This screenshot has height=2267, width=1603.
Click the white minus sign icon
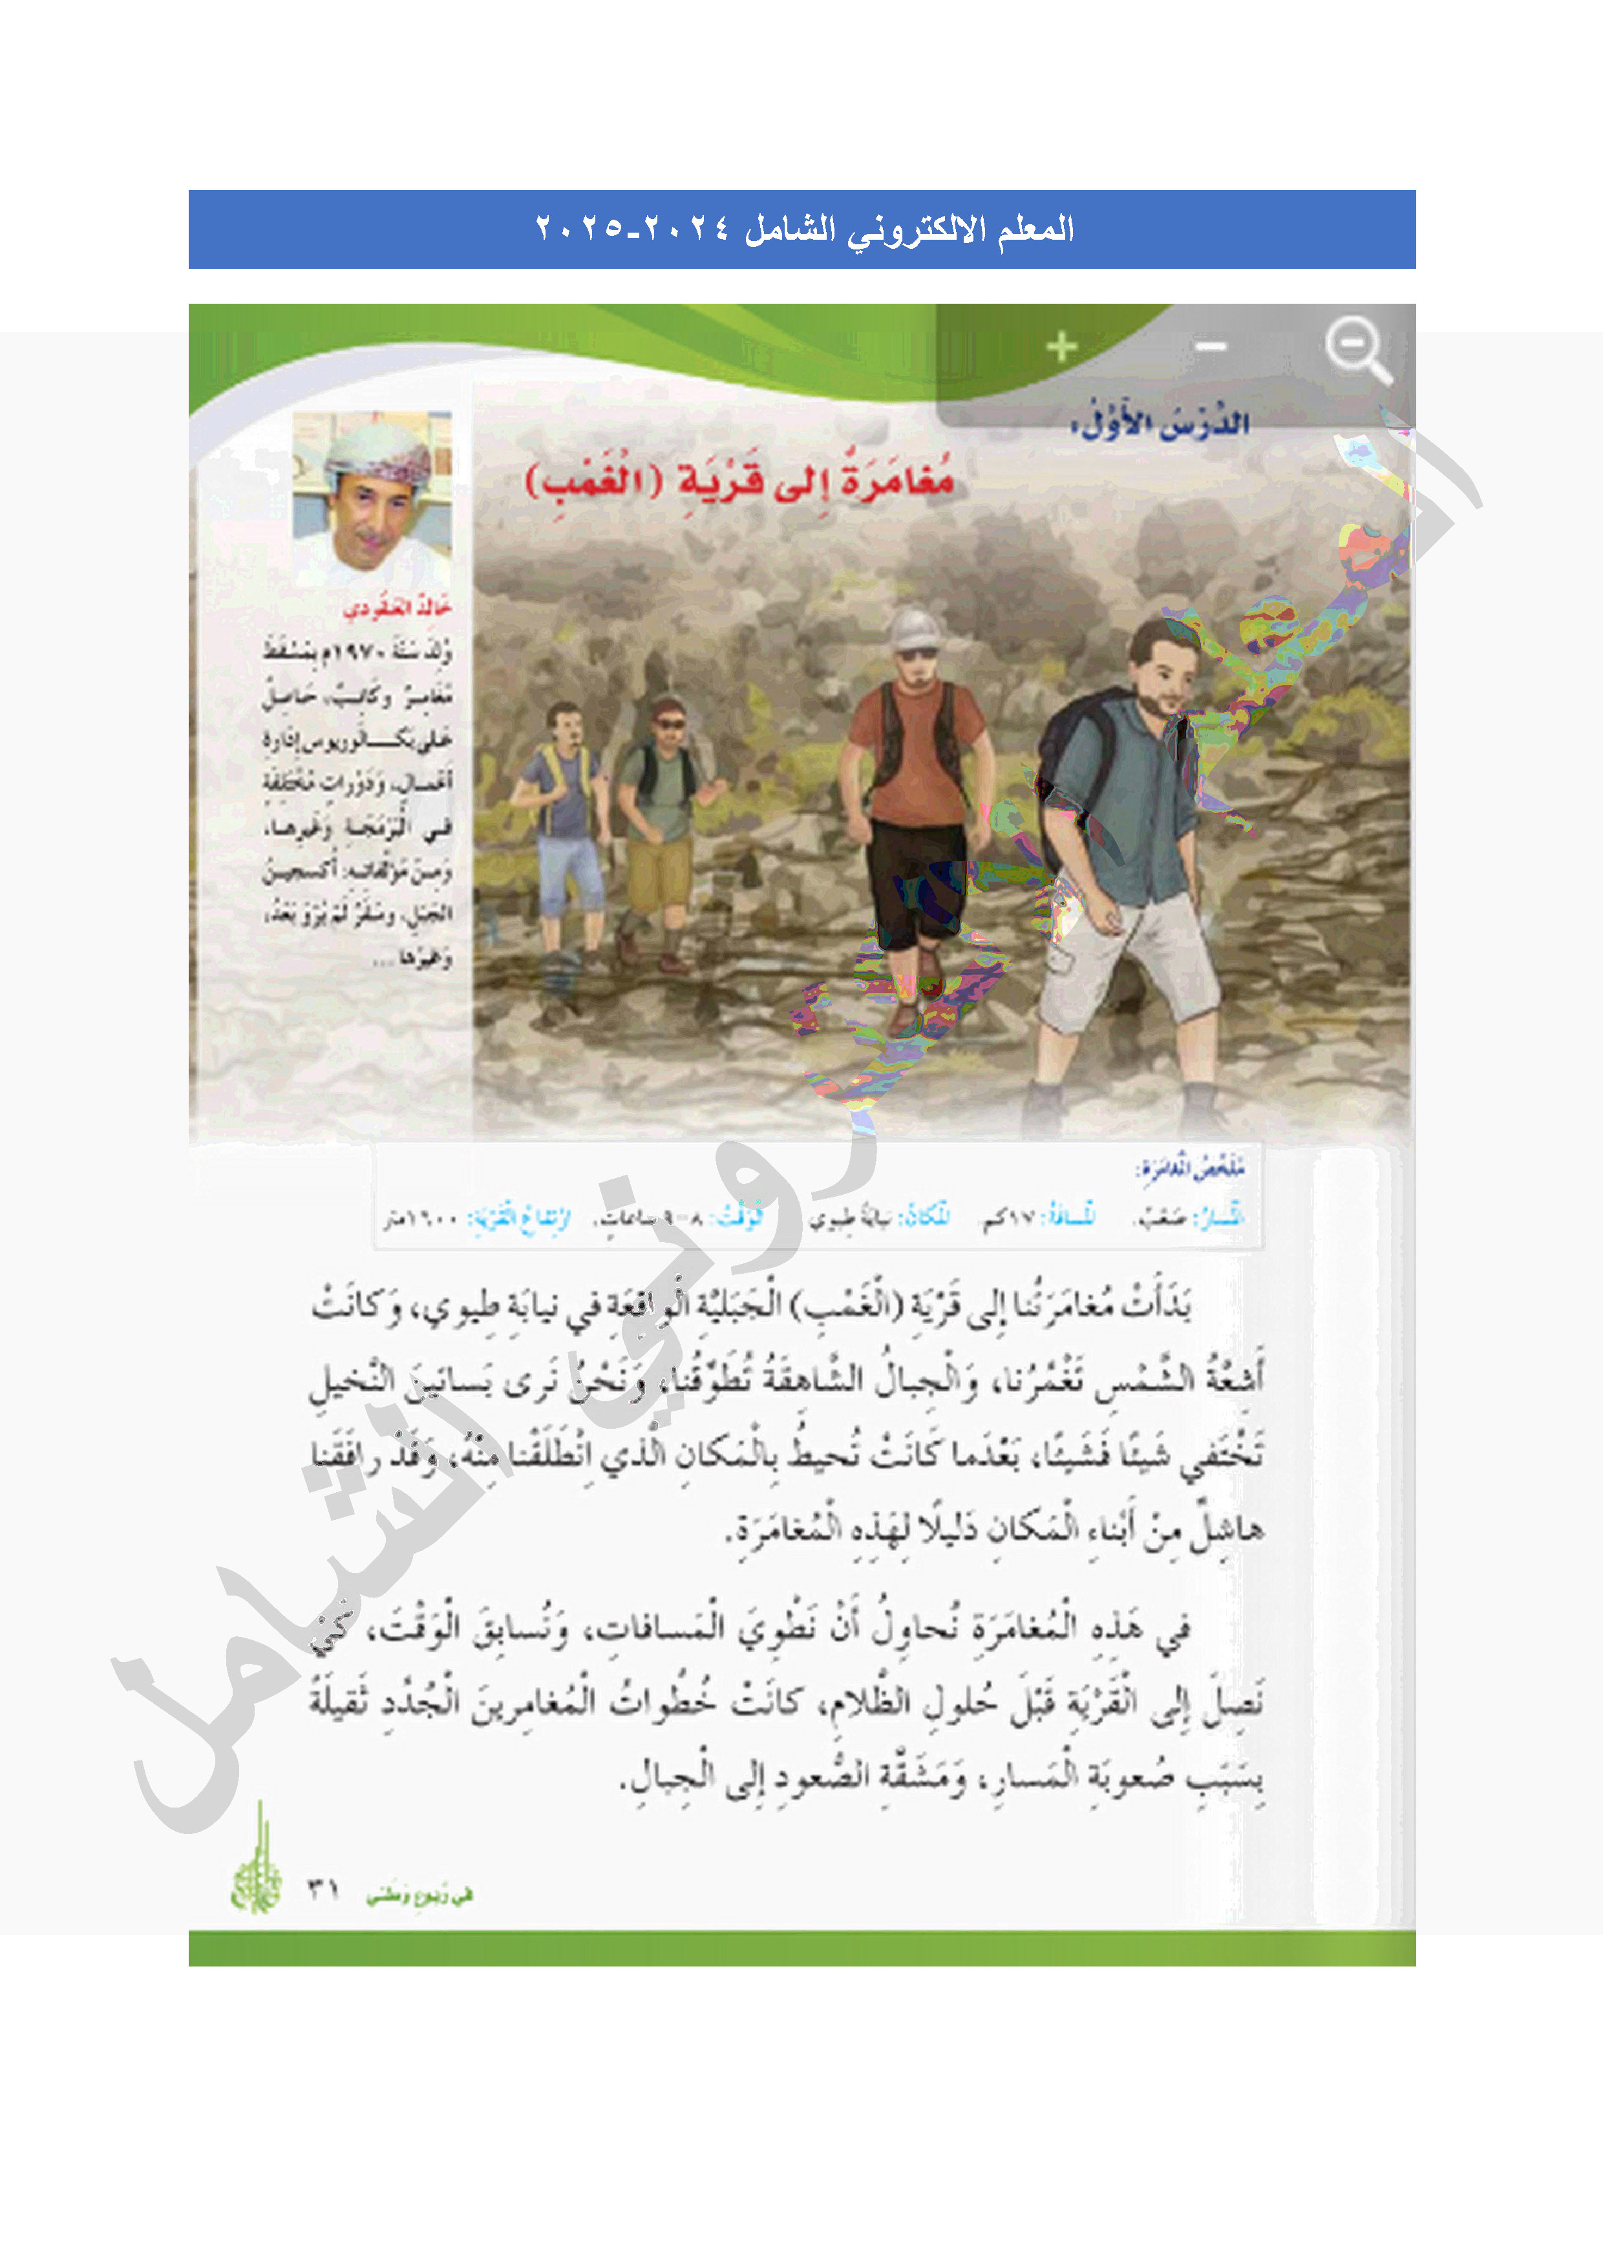coord(1210,346)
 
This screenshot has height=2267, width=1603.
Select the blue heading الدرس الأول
coord(1160,423)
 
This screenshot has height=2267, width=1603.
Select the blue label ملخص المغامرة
coord(1189,1168)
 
